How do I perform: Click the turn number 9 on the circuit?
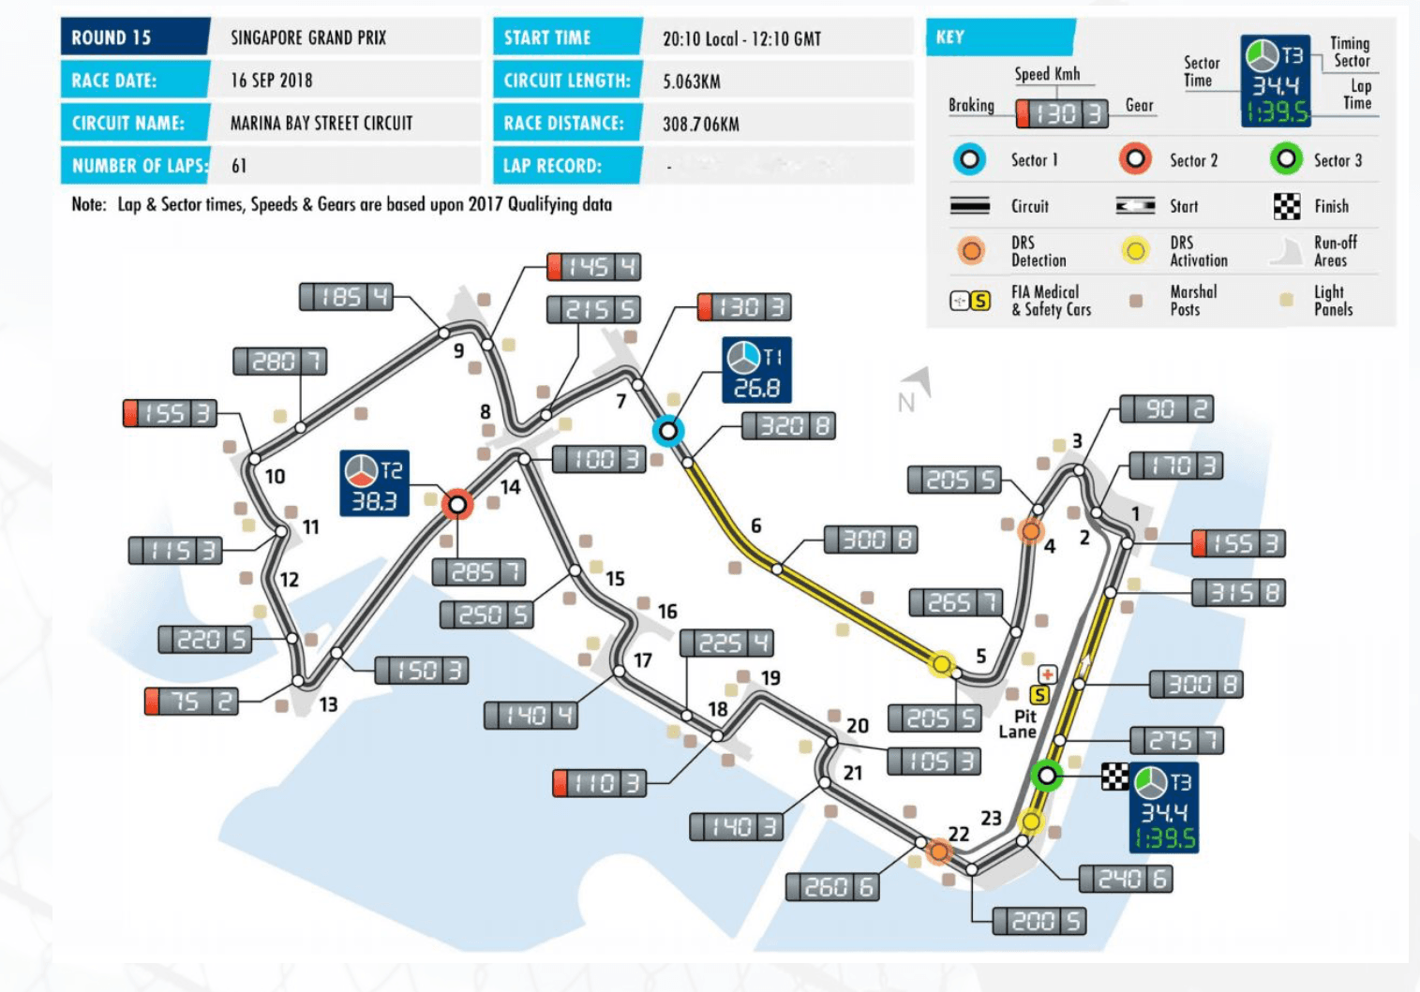coord(458,351)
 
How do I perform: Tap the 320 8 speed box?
coord(788,427)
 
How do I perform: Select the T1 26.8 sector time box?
coord(756,370)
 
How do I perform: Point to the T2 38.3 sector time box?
coord(374,484)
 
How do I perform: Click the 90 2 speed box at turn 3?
coord(1167,409)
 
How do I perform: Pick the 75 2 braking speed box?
coord(191,702)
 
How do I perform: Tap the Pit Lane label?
coord(1019,724)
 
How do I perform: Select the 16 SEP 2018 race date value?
coord(272,81)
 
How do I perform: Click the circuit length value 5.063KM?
coord(692,81)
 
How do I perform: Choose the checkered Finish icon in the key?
coord(1287,206)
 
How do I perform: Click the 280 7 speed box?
coord(279,362)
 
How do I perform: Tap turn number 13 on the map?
coord(328,704)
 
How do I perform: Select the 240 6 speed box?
coord(1126,879)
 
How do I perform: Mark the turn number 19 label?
coord(770,677)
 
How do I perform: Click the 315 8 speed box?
coord(1238,593)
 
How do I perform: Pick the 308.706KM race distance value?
coord(701,124)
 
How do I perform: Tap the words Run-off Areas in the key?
coord(1335,251)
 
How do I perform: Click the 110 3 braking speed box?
coord(600,783)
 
